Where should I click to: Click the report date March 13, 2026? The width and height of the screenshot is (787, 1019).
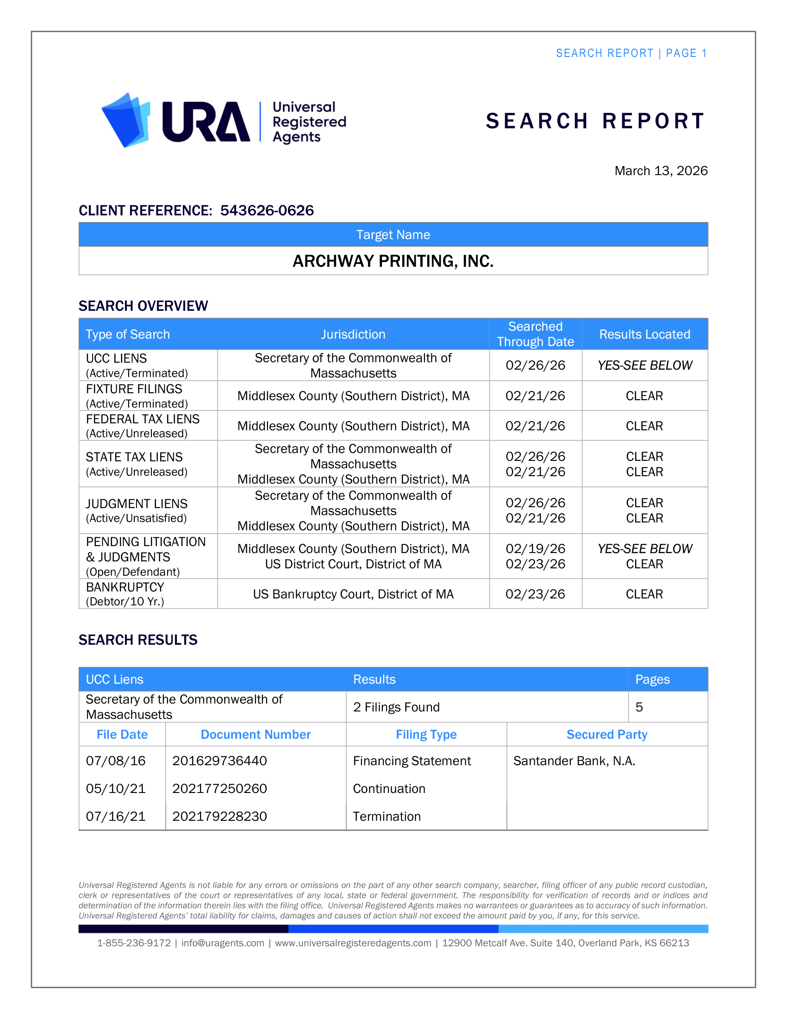661,171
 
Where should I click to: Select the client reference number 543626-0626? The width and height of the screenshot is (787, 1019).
267,210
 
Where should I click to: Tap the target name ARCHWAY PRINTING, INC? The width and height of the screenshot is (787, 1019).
393,261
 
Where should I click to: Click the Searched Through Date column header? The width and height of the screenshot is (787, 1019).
535,334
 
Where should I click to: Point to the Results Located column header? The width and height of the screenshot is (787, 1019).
644,334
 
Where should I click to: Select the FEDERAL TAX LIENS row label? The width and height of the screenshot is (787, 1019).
143,420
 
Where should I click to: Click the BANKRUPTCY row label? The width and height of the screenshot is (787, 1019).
125,587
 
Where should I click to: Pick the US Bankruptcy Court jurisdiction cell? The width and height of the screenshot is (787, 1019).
353,594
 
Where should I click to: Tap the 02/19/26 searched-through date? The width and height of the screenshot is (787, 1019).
535,549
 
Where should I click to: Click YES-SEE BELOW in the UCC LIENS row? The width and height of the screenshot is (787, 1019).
645,365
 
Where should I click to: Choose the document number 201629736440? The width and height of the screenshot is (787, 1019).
219,761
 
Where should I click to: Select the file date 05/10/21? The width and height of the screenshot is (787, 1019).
116,788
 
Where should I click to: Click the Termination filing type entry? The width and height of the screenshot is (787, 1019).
387,817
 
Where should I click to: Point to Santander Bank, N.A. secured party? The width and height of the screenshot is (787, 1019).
574,761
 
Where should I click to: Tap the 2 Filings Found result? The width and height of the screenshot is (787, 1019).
396,707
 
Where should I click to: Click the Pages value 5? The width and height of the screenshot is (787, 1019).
639,707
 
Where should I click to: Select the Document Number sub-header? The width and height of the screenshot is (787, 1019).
256,735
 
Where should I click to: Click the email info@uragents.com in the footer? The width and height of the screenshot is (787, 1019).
222,943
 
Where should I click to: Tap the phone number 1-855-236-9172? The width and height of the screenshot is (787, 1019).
134,943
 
